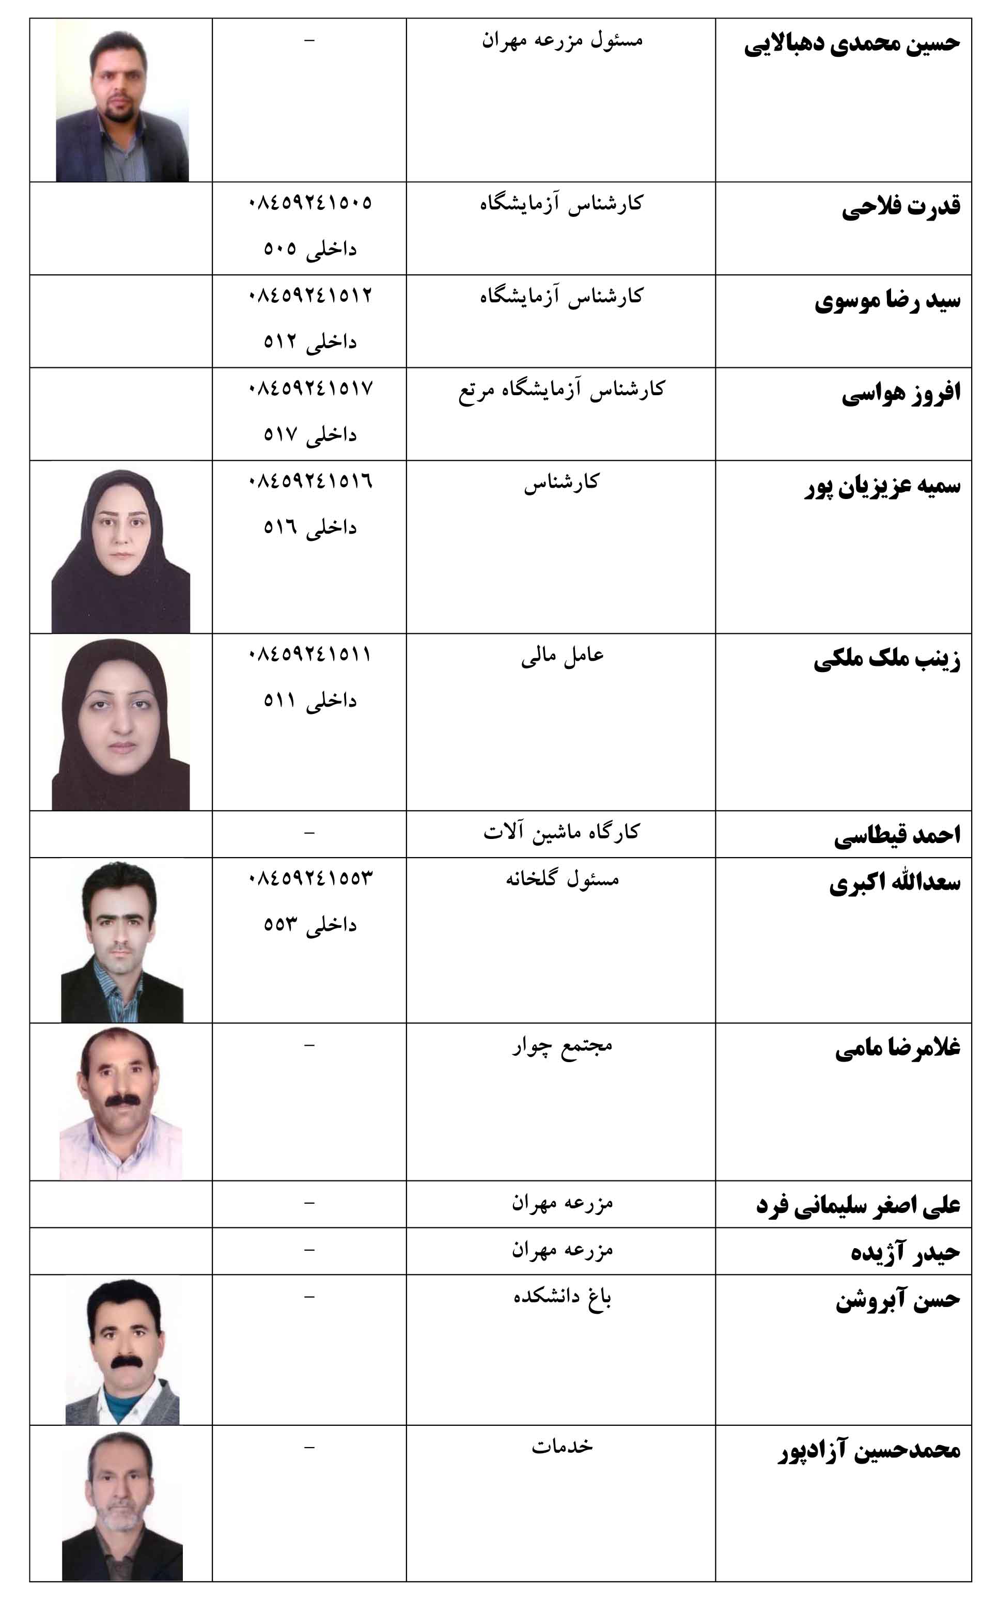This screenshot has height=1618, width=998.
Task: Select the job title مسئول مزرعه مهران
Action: click(562, 40)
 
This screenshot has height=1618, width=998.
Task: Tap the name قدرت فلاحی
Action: click(900, 207)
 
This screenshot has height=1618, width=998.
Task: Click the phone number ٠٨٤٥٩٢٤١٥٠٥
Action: click(309, 202)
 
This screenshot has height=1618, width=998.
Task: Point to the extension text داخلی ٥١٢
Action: click(309, 341)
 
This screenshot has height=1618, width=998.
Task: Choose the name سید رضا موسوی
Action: click(887, 300)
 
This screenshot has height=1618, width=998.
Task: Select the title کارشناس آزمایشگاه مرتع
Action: click(562, 390)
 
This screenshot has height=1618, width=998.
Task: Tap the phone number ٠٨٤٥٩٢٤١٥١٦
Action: click(309, 480)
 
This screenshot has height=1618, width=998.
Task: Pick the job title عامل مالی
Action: click(562, 656)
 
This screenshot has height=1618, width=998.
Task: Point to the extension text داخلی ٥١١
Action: click(309, 700)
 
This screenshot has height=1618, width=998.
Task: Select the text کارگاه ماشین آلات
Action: click(562, 832)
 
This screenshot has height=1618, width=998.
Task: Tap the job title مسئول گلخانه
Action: click(562, 879)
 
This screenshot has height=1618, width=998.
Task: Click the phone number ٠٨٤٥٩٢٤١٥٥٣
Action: click(309, 878)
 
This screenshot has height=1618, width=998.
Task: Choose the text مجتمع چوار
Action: click(562, 1046)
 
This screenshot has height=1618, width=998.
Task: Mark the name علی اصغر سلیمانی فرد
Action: click(857, 1205)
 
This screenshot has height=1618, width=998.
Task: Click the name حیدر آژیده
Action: click(905, 1252)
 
